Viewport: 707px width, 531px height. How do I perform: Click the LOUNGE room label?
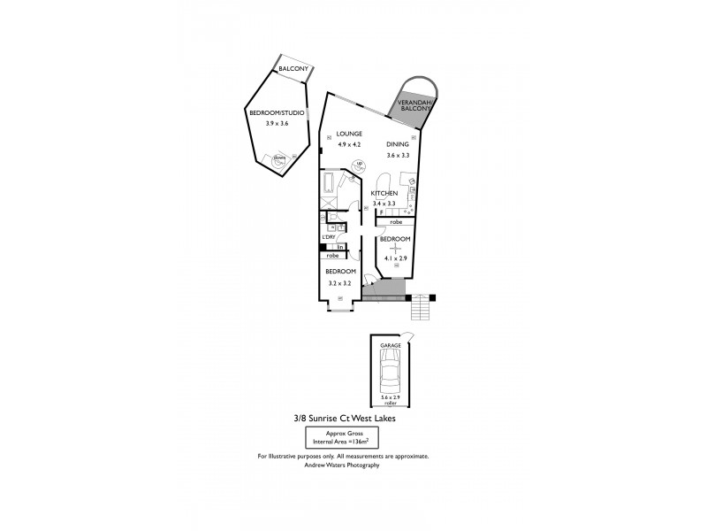349,134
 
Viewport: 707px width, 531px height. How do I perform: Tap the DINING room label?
398,144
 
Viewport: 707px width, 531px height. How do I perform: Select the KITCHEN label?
384,193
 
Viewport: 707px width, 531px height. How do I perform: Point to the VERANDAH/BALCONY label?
414,109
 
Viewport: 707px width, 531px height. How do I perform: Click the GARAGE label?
390,345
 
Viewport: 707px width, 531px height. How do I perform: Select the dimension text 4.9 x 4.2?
349,144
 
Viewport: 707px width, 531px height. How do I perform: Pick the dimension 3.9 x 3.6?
277,124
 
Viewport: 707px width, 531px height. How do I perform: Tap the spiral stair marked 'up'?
359,165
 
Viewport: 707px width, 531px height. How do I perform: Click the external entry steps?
421,308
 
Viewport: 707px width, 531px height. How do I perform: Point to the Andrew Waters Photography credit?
343,465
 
